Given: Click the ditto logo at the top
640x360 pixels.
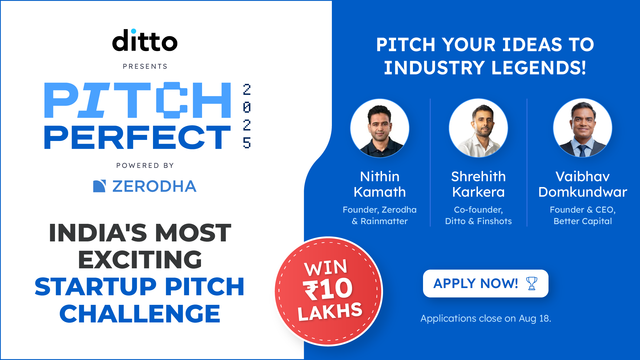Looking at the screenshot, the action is tap(145, 40).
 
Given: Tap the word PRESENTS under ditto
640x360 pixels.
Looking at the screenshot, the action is tap(145, 66).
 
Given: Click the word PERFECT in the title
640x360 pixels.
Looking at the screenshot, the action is tap(137, 137).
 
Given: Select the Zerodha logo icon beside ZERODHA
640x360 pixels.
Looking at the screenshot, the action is tap(99, 186).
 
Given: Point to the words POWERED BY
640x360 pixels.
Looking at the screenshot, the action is tap(145, 165).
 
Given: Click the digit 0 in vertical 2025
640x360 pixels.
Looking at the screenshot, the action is tap(247, 107).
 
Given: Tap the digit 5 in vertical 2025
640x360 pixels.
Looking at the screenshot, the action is tap(247, 143).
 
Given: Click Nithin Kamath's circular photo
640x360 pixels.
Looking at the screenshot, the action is tap(380, 128).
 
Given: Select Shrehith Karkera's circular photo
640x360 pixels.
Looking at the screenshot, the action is tap(478, 128).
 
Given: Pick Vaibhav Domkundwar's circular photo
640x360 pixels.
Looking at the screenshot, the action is tap(583, 128).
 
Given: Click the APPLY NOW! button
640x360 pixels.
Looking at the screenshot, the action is tap(486, 283).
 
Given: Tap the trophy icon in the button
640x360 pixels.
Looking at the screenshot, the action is tap(532, 283).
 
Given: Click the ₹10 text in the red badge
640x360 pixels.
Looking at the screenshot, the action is tap(328, 289).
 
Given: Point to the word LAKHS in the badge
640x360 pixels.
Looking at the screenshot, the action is tap(330, 312).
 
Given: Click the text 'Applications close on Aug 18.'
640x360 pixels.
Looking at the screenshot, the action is tap(486, 318).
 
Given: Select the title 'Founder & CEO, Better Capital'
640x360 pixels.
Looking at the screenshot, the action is tap(583, 215).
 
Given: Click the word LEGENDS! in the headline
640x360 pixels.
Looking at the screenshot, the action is tap(538, 68).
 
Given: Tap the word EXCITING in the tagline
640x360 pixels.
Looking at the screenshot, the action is tap(140, 260).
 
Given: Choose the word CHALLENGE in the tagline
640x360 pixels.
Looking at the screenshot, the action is tap(140, 314).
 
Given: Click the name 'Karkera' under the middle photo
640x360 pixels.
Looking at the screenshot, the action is tap(478, 192).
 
